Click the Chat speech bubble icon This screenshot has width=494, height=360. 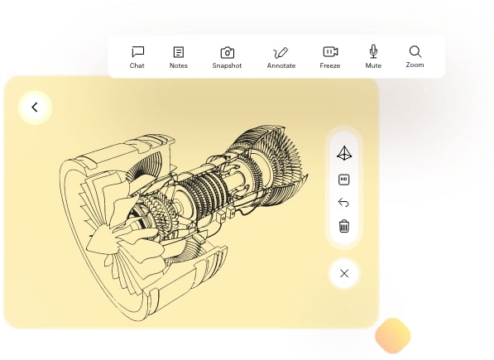coord(137,51)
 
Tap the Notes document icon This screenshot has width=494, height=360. coord(179,52)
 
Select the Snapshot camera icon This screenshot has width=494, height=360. coord(228,53)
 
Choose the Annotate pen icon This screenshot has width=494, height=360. coord(281,53)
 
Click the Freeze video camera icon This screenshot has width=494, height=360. coord(330,51)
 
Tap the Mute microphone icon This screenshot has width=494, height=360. coord(373,51)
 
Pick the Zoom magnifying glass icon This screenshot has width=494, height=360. coord(415,52)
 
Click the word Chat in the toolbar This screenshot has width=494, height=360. coord(137,65)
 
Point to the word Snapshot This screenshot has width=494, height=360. coord(227,65)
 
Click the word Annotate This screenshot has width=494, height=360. coord(281,65)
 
